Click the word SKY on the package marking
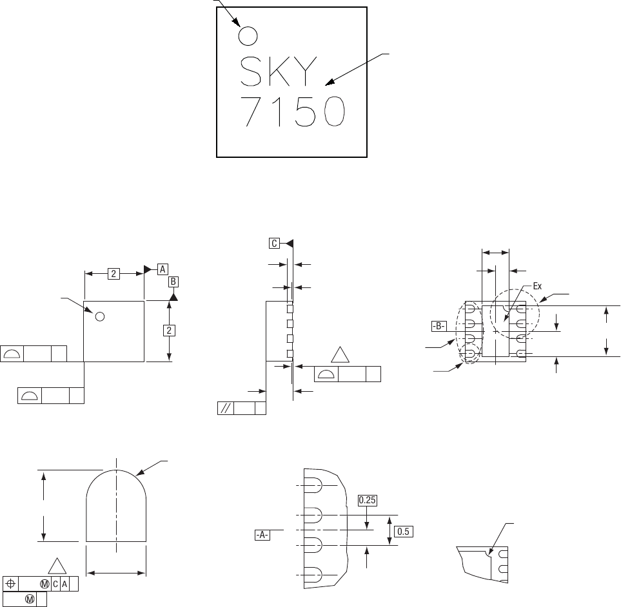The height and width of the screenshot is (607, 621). click(x=279, y=71)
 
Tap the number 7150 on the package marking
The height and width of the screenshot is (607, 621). click(x=293, y=111)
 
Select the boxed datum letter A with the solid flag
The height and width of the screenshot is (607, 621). click(x=163, y=269)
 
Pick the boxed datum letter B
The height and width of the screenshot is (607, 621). click(x=173, y=282)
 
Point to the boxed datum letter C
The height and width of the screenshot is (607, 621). click(x=274, y=243)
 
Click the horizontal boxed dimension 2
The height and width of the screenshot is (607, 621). click(x=113, y=273)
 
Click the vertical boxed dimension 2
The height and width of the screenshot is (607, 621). click(x=169, y=331)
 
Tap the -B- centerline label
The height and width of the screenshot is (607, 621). click(x=439, y=327)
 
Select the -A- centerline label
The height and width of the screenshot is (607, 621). click(x=262, y=535)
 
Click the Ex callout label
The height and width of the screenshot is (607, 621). click(x=537, y=286)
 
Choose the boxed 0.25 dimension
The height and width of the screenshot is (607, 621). click(x=367, y=500)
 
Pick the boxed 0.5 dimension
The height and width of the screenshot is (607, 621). click(x=403, y=532)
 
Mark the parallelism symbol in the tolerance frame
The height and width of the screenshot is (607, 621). click(x=225, y=409)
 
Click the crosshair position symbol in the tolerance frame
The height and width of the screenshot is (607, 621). click(x=11, y=584)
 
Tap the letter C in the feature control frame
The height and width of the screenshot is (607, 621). click(x=55, y=584)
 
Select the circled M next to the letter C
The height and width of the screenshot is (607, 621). click(x=44, y=584)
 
